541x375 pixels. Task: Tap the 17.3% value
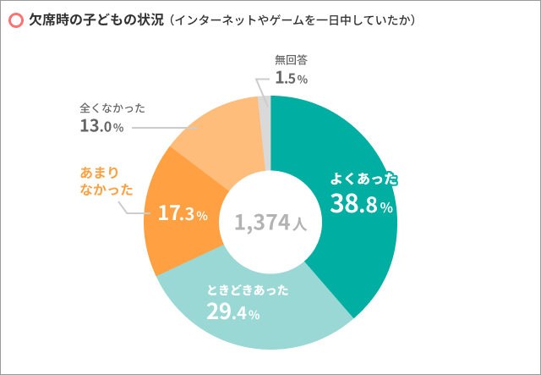click(183, 214)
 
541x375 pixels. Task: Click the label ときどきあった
click(248, 290)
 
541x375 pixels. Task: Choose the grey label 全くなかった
click(112, 108)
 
